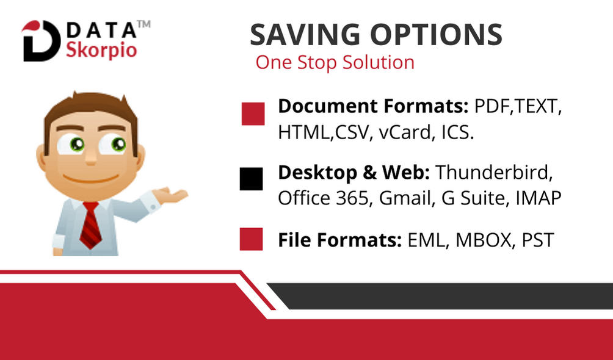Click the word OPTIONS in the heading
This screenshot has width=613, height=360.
[436, 34]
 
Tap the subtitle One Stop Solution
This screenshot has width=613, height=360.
[335, 62]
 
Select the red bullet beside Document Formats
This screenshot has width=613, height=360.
[253, 113]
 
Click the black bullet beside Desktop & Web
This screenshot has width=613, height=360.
[251, 179]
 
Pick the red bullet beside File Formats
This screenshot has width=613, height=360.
[251, 239]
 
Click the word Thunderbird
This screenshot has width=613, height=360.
[494, 173]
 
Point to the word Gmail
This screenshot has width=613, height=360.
[407, 198]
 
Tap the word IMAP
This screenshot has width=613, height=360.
[539, 198]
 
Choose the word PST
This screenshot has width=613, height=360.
[538, 240]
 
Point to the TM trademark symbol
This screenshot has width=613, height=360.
[143, 24]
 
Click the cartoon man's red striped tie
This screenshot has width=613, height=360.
[90, 226]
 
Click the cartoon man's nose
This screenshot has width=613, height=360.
[91, 157]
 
